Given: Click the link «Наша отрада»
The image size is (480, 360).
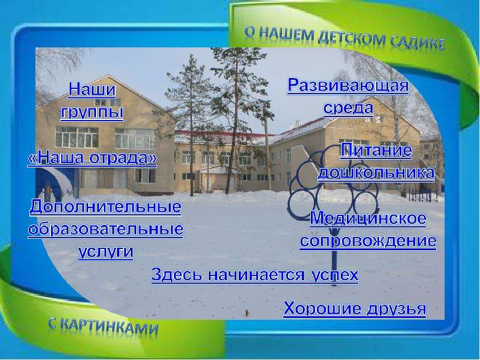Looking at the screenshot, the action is click(x=92, y=158).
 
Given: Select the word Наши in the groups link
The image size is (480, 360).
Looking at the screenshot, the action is click(x=92, y=89).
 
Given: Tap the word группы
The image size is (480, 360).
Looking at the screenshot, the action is click(x=92, y=112).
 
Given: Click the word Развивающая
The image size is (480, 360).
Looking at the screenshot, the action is click(x=348, y=85).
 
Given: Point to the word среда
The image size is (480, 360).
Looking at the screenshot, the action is click(x=348, y=108).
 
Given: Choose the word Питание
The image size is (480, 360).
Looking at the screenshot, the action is click(x=376, y=150).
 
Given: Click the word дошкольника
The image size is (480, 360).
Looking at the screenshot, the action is click(x=376, y=172).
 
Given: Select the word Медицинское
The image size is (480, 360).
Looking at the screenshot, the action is click(x=368, y=218).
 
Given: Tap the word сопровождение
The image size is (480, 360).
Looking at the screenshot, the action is click(x=368, y=241).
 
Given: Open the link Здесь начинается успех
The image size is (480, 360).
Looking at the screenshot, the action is click(x=254, y=275).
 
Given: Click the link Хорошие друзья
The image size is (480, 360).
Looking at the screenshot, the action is click(x=355, y=308).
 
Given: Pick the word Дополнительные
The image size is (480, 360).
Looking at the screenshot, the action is click(x=106, y=207).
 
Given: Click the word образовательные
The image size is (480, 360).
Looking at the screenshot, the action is click(x=106, y=229).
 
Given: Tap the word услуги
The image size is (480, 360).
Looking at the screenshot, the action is click(x=106, y=252).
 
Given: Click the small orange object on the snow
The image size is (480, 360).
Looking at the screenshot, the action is click(x=247, y=313).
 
